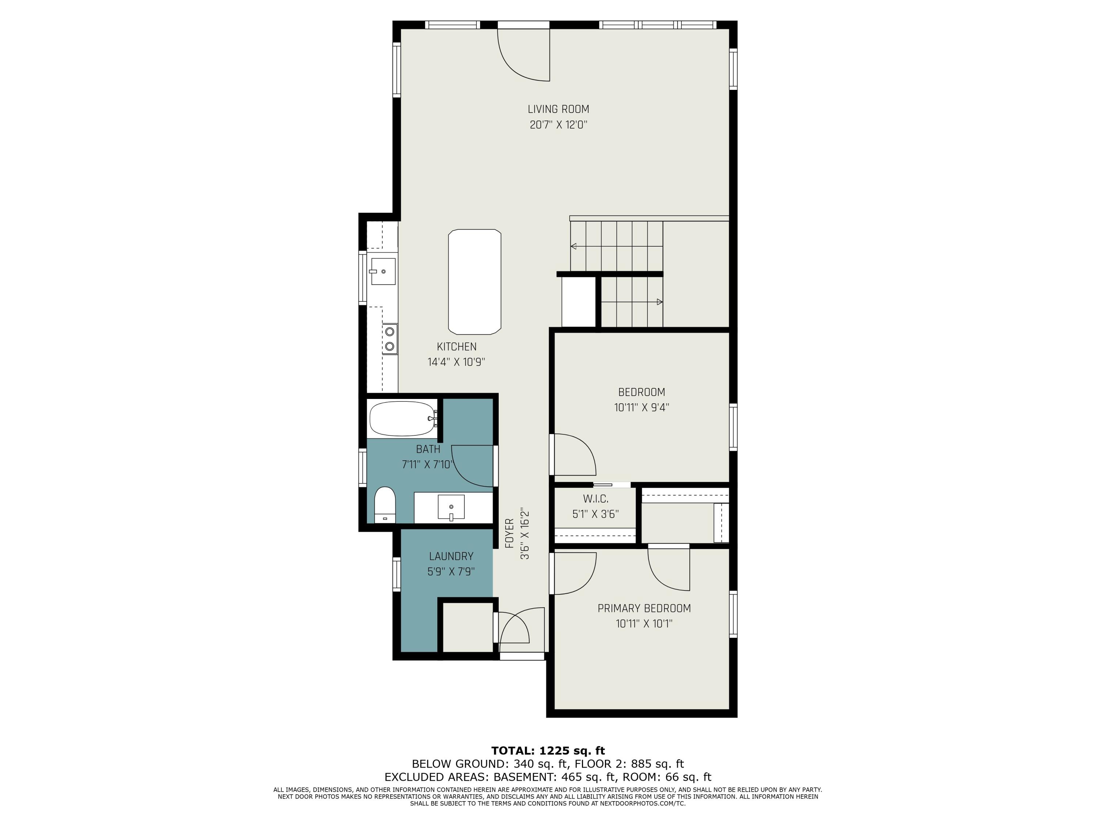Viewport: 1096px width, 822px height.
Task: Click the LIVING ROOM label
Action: coord(558,109)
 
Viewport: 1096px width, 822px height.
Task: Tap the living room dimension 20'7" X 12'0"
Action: coord(558,125)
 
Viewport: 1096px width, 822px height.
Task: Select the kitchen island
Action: coord(474,281)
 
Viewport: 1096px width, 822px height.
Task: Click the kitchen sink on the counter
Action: coord(383,271)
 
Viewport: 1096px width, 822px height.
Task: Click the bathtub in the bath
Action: coord(402,419)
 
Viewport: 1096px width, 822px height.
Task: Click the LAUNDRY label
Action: coord(451,556)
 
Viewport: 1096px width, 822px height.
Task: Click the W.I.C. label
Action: coord(595,499)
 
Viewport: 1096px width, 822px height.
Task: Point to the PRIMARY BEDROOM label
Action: coord(644,608)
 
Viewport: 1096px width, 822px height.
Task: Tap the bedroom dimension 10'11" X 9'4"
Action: coord(641,408)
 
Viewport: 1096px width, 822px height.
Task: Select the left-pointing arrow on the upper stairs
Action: coord(574,246)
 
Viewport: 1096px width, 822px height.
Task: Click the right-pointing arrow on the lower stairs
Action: coord(659,302)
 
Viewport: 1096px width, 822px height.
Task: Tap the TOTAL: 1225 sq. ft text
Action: coord(548,751)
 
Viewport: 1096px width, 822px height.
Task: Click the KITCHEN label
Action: coord(456,347)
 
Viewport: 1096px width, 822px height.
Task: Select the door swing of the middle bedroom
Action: coord(574,454)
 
